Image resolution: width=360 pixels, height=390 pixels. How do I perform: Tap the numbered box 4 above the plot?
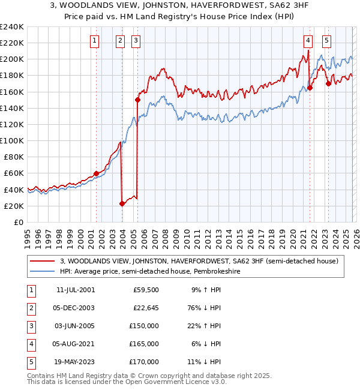click(308, 41)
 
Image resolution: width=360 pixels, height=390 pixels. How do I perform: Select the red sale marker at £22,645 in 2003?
click(122, 203)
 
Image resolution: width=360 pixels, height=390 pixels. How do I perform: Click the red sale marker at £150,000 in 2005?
click(138, 100)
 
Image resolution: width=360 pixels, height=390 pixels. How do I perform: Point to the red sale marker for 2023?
click(328, 83)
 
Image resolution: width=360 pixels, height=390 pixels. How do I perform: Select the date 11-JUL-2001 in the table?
click(76, 290)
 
